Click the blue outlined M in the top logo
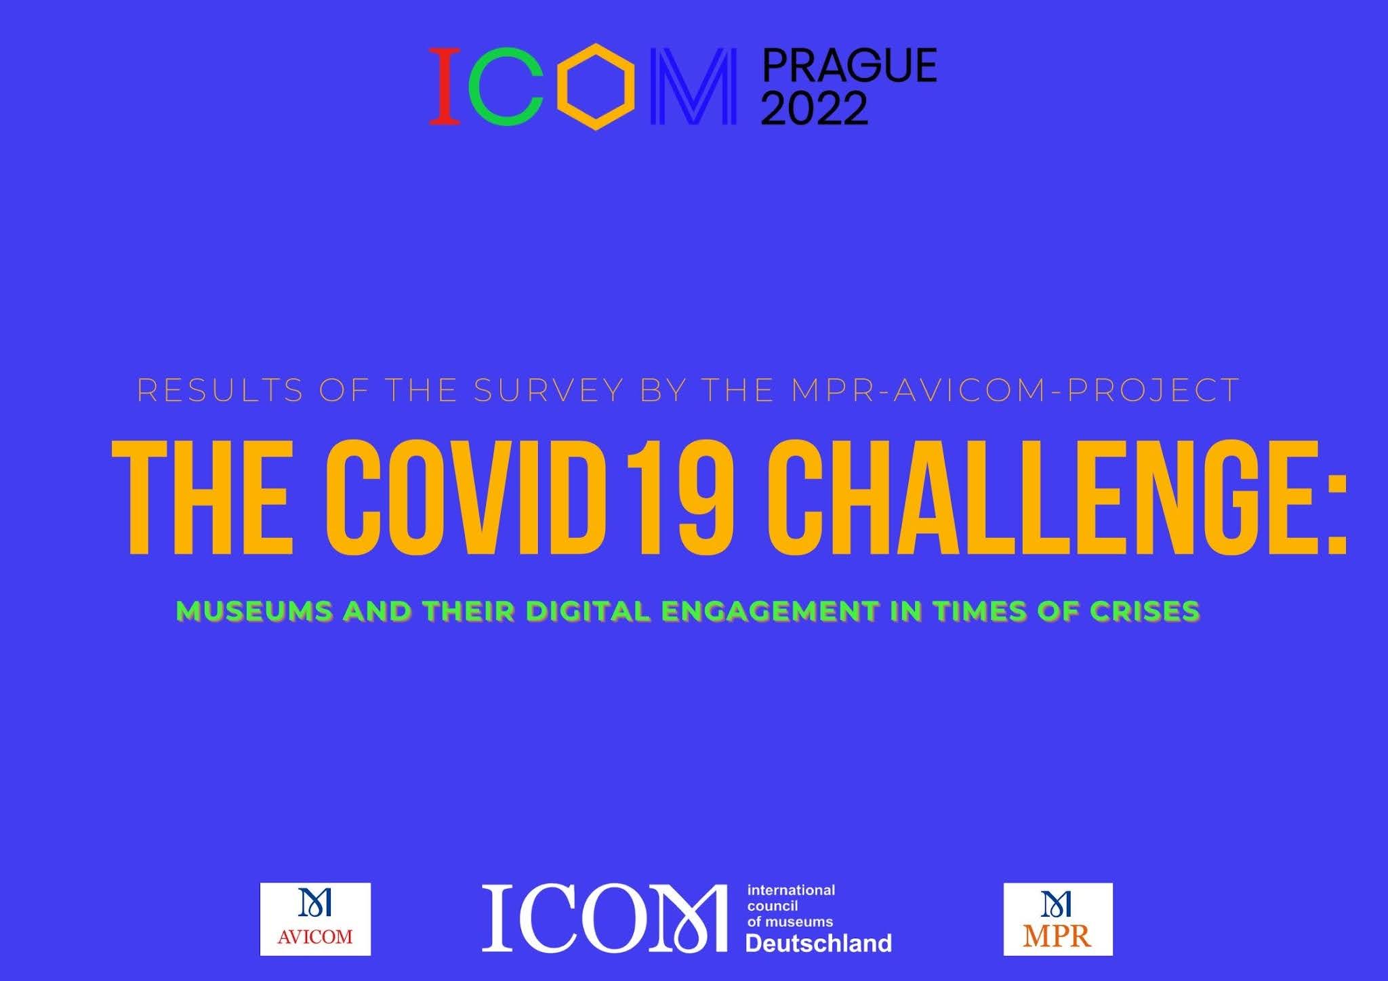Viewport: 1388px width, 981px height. click(x=693, y=86)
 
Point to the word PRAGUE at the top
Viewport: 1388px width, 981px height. click(x=849, y=66)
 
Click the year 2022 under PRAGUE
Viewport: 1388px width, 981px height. click(x=815, y=108)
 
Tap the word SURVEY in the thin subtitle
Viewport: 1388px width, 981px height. click(x=548, y=390)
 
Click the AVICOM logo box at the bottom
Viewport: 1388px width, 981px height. click(x=315, y=919)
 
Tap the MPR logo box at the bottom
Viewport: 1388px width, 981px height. click(x=1058, y=919)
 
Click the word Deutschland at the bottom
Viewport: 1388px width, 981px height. click(x=819, y=943)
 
